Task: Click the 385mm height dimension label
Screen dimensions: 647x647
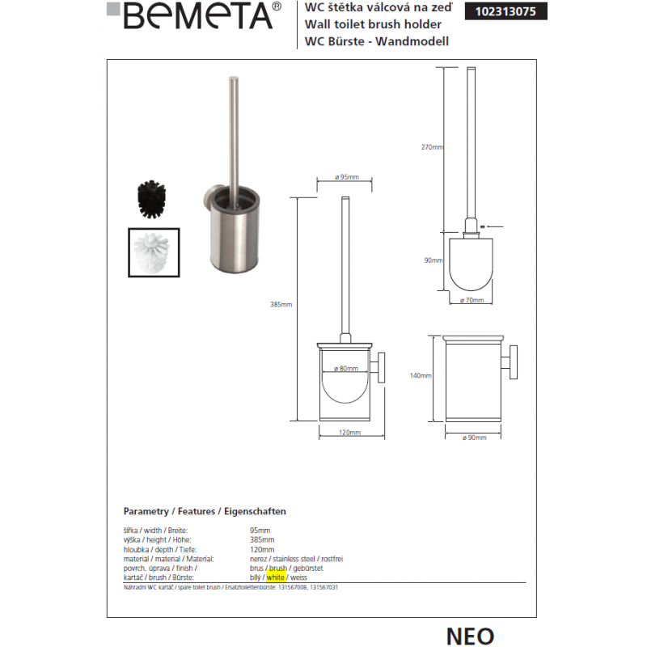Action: coord(281,305)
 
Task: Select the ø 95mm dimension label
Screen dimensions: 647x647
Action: coord(346,177)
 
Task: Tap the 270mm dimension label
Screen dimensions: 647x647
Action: coord(433,147)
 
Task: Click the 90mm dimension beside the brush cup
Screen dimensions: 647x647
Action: coord(434,260)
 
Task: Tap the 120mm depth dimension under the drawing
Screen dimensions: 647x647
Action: coord(348,433)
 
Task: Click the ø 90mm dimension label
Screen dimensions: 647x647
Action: coord(474,437)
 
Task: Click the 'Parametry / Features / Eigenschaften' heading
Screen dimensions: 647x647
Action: coord(204,512)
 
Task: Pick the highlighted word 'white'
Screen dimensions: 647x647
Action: coord(275,579)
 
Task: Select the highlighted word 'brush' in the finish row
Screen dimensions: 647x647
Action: coord(278,569)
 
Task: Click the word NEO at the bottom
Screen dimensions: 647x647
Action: coord(469,635)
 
